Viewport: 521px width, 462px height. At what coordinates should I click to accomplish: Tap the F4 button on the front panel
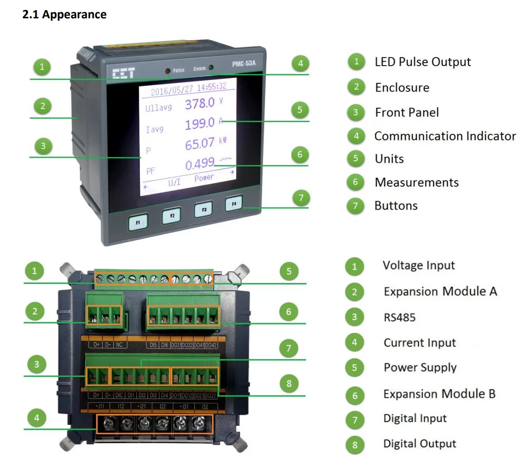click(234, 205)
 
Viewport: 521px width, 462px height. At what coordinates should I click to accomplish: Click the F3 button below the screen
click(204, 210)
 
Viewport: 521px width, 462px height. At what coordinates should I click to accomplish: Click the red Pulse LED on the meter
click(167, 71)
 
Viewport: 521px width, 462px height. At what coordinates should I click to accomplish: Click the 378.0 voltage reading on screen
click(199, 104)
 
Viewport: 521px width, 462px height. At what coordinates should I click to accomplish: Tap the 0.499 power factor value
click(199, 164)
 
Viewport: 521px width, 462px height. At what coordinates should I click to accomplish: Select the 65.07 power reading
click(199, 144)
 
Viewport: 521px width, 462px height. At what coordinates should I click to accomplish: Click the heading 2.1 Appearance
click(65, 15)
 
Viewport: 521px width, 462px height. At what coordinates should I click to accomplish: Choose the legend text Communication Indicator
click(445, 136)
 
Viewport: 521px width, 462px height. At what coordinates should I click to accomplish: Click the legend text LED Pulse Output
click(422, 62)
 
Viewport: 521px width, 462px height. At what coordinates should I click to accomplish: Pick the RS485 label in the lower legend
click(399, 317)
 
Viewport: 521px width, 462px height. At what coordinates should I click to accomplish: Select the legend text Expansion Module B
click(439, 394)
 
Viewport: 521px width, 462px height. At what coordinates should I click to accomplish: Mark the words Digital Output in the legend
click(419, 444)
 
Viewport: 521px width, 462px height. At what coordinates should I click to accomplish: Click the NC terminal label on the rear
click(119, 344)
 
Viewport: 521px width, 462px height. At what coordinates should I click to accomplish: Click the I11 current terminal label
click(101, 407)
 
